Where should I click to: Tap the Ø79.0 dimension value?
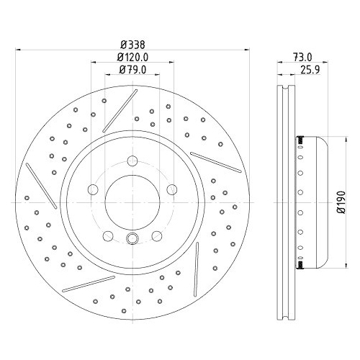coord(132,70)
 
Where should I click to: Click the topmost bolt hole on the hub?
coord(132,161)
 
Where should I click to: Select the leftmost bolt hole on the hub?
coord(91,189)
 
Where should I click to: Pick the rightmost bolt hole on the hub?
coord(172,189)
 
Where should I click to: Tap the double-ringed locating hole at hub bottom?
coord(132,240)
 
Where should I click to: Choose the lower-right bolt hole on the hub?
coord(156,235)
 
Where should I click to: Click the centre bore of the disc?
coord(132,204)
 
